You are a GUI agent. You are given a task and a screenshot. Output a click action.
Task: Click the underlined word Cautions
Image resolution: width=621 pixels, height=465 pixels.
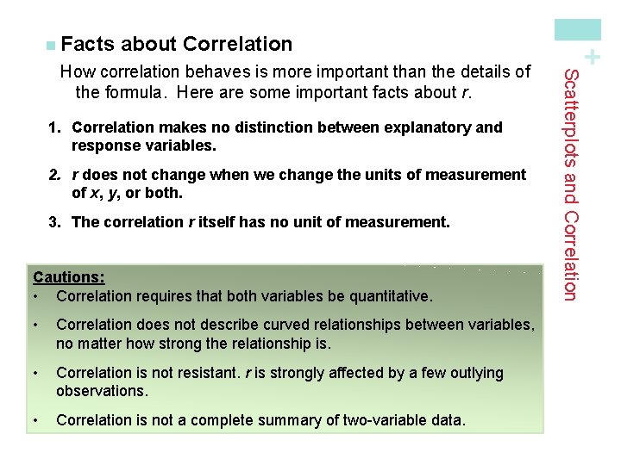[x=68, y=277]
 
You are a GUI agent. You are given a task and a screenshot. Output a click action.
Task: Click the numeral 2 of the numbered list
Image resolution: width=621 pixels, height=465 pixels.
[x=53, y=176]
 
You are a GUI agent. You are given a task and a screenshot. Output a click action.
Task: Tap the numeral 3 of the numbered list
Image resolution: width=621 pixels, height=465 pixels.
[x=53, y=223]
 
